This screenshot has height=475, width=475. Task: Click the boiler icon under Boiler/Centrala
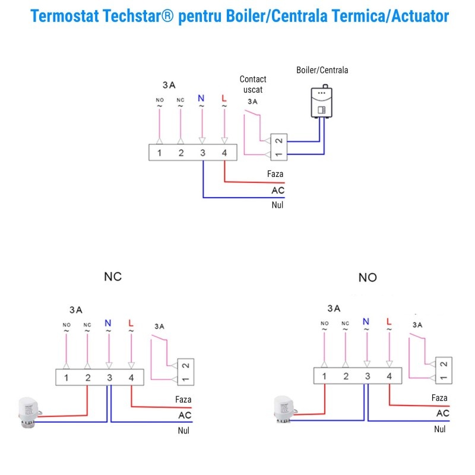point(322,101)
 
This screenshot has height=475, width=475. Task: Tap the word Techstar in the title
point(138,16)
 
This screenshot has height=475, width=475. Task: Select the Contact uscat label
point(253,84)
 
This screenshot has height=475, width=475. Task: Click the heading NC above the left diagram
point(113,277)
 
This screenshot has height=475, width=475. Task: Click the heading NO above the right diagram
point(368,277)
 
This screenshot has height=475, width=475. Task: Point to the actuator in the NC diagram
point(29,412)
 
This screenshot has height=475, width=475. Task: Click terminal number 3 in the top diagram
point(202,153)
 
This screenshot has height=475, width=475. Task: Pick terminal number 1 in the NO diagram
point(324,376)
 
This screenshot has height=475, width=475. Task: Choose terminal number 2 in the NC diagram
point(88,378)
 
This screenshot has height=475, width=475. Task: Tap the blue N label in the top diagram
point(201,98)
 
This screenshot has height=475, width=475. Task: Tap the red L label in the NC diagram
point(131,323)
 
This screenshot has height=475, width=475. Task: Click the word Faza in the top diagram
point(275,174)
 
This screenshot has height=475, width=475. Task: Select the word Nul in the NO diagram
point(440,429)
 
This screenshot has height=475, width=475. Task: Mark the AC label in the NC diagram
point(185,415)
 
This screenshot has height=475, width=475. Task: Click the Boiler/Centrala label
point(322,70)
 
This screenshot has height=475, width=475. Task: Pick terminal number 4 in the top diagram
point(224,153)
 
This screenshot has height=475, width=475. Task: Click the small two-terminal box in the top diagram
point(278,147)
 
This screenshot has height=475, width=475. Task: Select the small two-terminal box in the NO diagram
point(444,370)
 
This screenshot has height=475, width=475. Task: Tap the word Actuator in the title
point(420,16)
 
